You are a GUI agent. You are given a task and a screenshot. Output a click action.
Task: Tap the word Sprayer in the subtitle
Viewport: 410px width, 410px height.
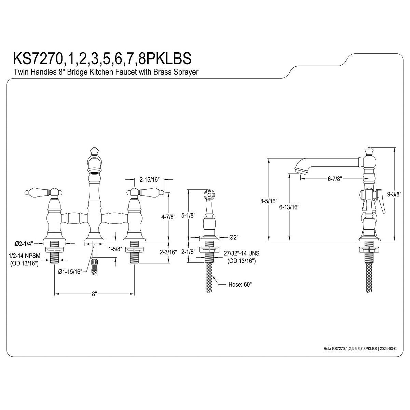pos(187,72)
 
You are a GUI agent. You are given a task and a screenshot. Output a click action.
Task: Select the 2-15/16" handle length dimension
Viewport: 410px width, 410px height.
pos(150,179)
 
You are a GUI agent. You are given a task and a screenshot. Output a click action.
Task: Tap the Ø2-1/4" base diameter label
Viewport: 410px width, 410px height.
pos(24,243)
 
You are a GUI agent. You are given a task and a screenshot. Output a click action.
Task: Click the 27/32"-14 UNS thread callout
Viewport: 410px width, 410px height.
pos(242,253)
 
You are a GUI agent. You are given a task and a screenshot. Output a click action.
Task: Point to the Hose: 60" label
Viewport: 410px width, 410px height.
pos(240,284)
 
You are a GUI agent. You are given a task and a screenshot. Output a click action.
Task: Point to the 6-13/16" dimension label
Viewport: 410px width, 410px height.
pos(289,207)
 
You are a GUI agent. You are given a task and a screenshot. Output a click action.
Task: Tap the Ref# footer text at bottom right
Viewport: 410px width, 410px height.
pos(360,348)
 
